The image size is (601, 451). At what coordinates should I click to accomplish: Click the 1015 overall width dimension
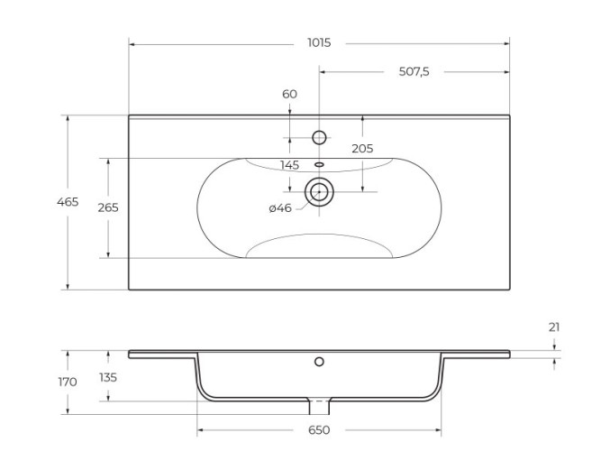coord(319,42)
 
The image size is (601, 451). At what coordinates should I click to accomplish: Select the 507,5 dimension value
coord(414,71)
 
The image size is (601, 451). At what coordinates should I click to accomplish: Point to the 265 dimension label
coord(108,207)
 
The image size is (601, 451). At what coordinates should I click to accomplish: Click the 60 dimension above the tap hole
coord(289,94)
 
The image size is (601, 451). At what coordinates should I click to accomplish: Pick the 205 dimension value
coord(362,149)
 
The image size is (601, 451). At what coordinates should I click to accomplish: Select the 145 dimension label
coord(289,165)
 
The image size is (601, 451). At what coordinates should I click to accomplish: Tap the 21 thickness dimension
coord(554,327)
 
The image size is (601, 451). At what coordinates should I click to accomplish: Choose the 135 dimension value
coord(108,377)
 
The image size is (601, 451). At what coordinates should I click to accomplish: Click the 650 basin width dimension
coord(319,430)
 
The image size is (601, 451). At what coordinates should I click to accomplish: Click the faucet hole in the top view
coord(319,137)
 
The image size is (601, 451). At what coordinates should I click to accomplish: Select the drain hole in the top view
coord(319,191)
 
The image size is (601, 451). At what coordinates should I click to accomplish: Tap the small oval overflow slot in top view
coord(319,165)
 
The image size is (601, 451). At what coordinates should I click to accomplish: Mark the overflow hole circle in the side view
coord(319,362)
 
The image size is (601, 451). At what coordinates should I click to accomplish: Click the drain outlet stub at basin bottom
coord(319,406)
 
